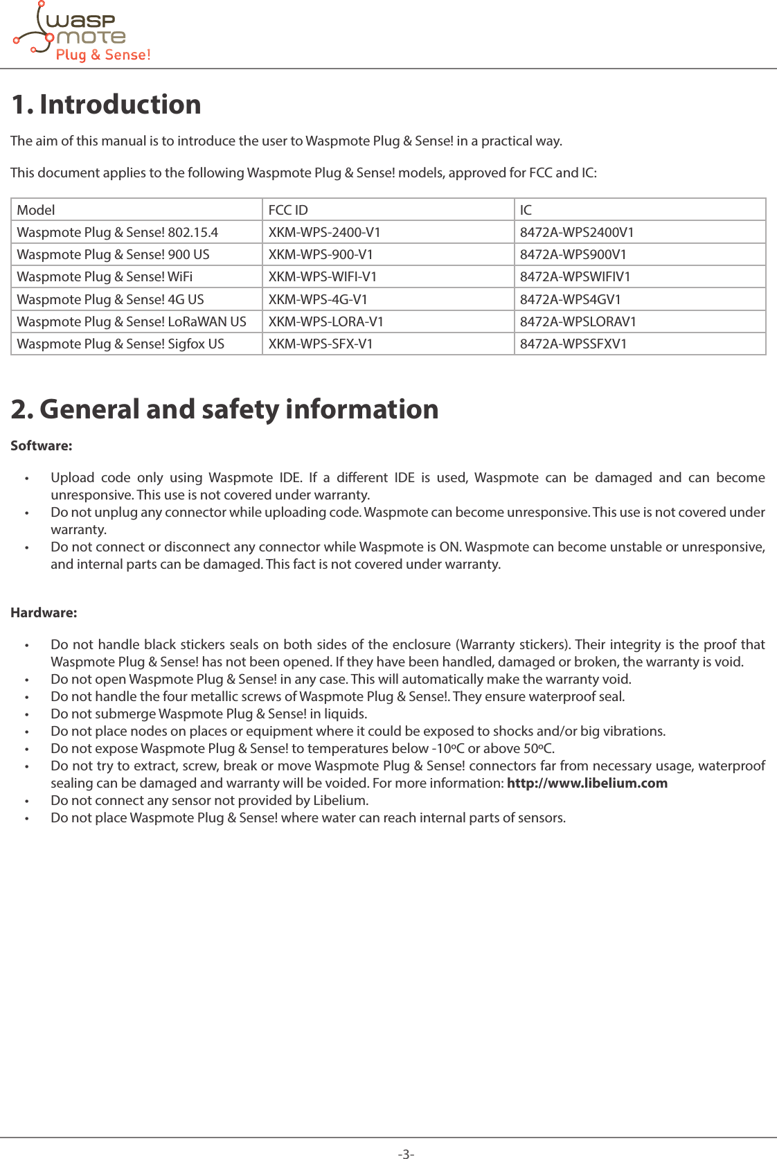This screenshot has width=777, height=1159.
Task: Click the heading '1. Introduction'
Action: pos(106,105)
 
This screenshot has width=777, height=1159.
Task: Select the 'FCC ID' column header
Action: pos(288,210)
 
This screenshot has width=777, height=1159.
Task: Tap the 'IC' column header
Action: pos(526,210)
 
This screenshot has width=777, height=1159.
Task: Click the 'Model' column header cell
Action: pos(36,210)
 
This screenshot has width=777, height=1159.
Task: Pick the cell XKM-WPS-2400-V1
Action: pos(324,232)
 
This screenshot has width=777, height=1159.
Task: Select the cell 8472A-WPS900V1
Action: pos(573,254)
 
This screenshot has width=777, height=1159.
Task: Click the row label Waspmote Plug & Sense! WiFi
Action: pos(105,276)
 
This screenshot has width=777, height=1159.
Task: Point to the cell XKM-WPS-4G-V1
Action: pos(318,299)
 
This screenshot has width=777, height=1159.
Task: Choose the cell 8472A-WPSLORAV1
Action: pos(578,321)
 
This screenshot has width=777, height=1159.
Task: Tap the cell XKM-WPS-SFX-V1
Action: pos(320,344)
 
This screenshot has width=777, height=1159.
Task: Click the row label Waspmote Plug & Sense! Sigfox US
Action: pos(120,344)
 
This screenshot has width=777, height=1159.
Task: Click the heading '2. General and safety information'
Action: pos(224,409)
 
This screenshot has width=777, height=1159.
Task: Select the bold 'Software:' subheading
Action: pos(41,445)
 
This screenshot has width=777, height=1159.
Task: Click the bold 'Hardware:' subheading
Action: pos(44,612)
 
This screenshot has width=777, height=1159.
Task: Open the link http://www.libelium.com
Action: pos(587,783)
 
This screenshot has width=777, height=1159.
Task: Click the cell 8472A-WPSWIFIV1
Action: pos(575,276)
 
